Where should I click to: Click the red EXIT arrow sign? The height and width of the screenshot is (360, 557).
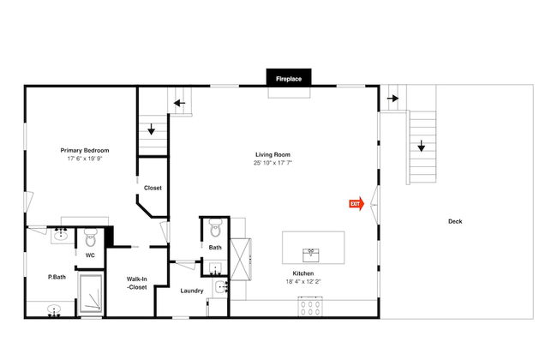(356, 204)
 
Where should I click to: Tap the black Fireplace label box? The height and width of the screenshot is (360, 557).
(289, 77)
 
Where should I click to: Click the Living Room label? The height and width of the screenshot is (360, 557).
(273, 154)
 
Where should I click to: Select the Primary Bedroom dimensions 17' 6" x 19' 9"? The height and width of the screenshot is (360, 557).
(85, 159)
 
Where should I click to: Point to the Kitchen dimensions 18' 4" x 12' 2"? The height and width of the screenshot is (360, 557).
(303, 281)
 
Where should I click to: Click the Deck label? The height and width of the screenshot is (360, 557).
(455, 221)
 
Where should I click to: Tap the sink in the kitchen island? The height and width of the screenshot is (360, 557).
(311, 255)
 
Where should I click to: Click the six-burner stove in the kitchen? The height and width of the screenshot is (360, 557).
(310, 307)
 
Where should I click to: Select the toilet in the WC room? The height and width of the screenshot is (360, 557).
(90, 237)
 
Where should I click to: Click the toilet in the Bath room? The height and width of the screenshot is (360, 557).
(215, 228)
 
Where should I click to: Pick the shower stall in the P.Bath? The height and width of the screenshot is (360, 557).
(91, 294)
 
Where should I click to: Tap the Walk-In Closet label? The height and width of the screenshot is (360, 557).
(137, 283)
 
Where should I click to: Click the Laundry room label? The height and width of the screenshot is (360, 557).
(192, 291)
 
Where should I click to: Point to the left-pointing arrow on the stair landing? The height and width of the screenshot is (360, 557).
(179, 104)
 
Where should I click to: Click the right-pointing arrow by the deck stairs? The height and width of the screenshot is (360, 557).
(392, 98)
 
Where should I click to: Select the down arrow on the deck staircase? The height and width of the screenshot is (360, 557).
(422, 146)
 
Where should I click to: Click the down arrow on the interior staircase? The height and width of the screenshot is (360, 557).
(152, 129)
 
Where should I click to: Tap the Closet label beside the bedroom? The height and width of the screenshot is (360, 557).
(153, 188)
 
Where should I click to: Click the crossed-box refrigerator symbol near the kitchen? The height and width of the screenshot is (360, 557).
(241, 260)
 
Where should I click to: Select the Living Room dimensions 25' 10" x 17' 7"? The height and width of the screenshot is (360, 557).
(273, 163)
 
